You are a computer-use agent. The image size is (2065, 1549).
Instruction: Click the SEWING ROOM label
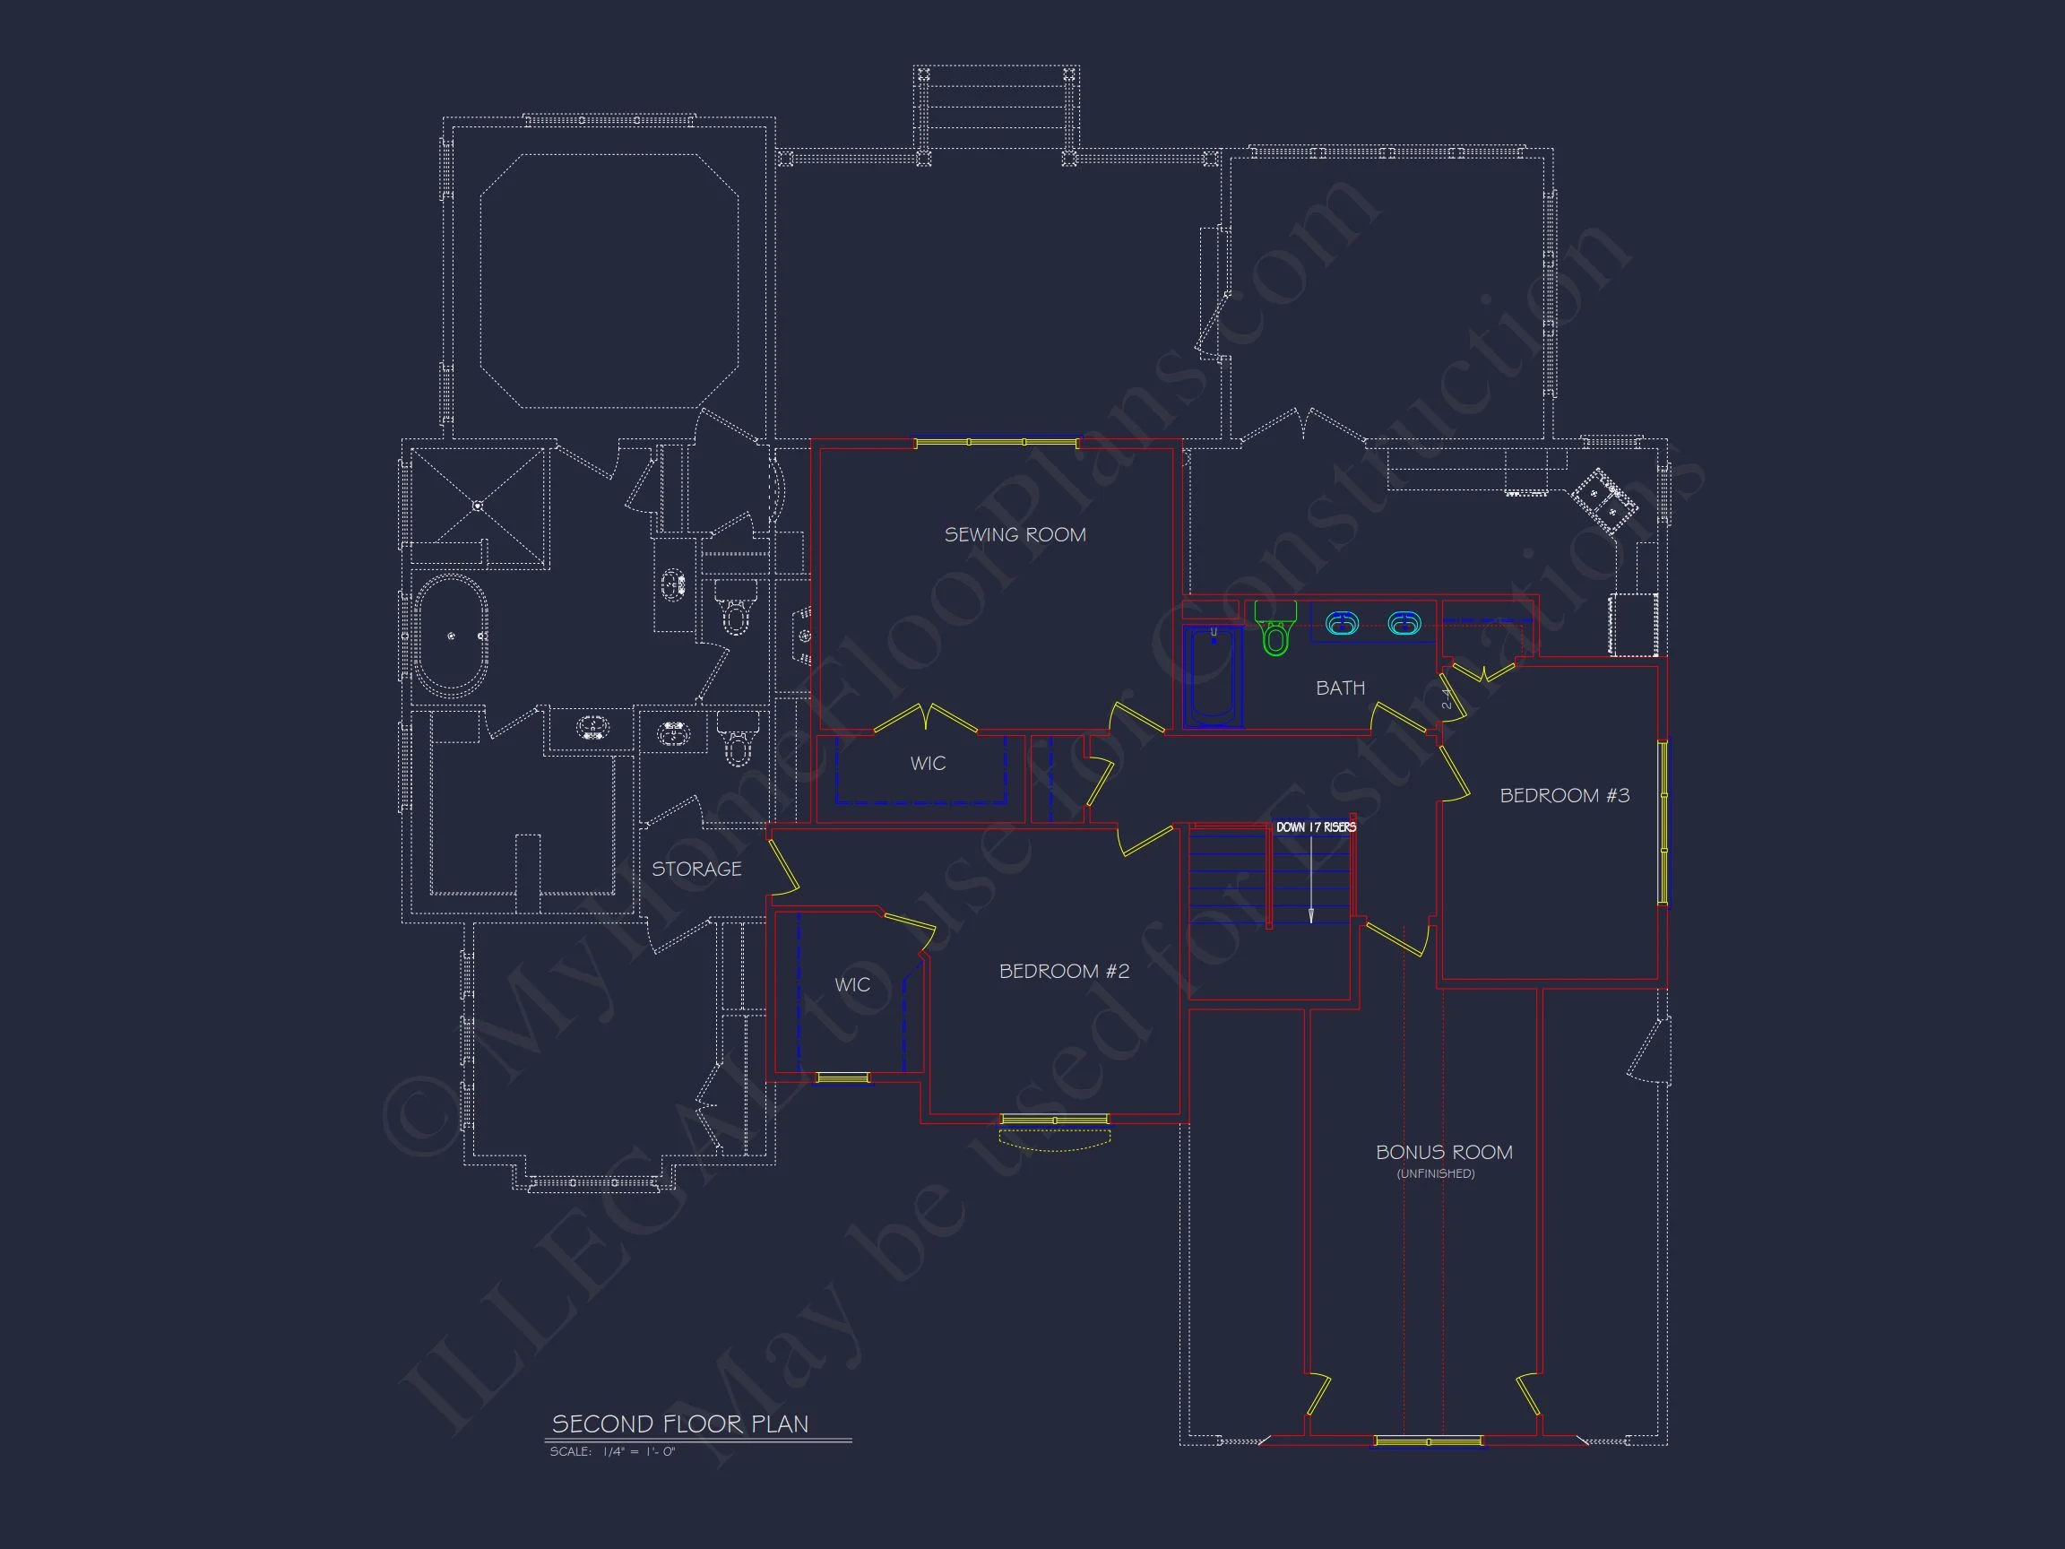click(x=1015, y=535)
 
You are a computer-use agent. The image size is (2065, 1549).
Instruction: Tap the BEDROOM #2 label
click(x=1063, y=971)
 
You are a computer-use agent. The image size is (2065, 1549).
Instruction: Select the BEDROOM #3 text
click(x=1564, y=795)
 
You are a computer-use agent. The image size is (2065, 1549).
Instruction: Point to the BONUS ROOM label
click(x=1443, y=1152)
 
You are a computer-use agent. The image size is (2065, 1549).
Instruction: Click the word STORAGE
click(x=696, y=870)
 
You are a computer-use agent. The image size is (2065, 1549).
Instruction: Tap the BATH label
click(x=1340, y=688)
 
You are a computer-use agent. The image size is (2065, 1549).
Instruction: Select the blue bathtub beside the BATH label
click(x=1213, y=678)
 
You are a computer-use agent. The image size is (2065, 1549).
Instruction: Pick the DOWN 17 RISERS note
click(x=1316, y=827)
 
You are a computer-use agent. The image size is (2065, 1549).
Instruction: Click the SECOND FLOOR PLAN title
click(x=679, y=1424)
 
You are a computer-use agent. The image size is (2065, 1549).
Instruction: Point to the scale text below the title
click(x=611, y=1452)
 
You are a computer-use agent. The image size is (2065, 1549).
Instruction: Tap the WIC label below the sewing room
click(x=928, y=764)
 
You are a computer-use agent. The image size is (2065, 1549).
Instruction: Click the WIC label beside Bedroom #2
click(x=851, y=985)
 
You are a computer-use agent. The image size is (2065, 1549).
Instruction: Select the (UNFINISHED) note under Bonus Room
click(x=1436, y=1173)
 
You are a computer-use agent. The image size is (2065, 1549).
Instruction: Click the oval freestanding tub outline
click(x=451, y=636)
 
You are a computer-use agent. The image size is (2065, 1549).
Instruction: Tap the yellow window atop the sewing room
click(x=996, y=443)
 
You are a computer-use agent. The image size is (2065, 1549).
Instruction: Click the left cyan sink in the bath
click(x=1342, y=623)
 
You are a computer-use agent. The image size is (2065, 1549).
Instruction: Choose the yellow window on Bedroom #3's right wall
click(x=1662, y=822)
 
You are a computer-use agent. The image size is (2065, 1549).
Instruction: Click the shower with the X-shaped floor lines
click(x=478, y=507)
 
